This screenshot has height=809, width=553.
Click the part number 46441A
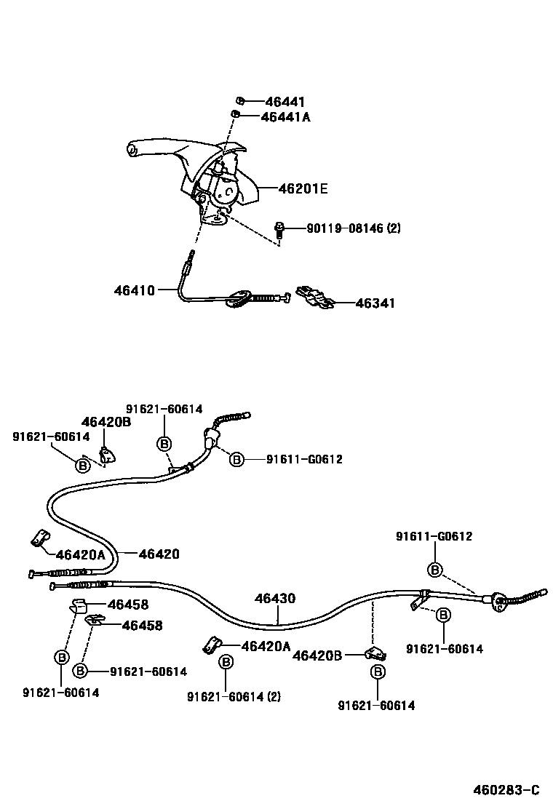tap(285, 116)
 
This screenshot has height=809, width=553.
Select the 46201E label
tap(303, 189)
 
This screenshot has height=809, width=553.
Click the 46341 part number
tap(375, 303)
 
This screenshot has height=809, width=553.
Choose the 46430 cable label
tap(275, 599)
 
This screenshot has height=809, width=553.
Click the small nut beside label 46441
tap(239, 100)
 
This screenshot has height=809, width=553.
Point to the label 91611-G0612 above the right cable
tap(434, 537)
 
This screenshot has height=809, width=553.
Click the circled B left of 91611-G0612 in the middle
tap(236, 459)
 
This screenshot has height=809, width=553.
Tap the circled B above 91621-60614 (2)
tap(226, 661)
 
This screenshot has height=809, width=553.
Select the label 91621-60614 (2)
tap(233, 696)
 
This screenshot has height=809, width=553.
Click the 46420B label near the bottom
tap(317, 655)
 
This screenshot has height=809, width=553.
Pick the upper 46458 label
tap(128, 604)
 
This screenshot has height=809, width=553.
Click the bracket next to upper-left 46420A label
tap(39, 539)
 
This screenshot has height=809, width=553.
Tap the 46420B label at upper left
tap(106, 421)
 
